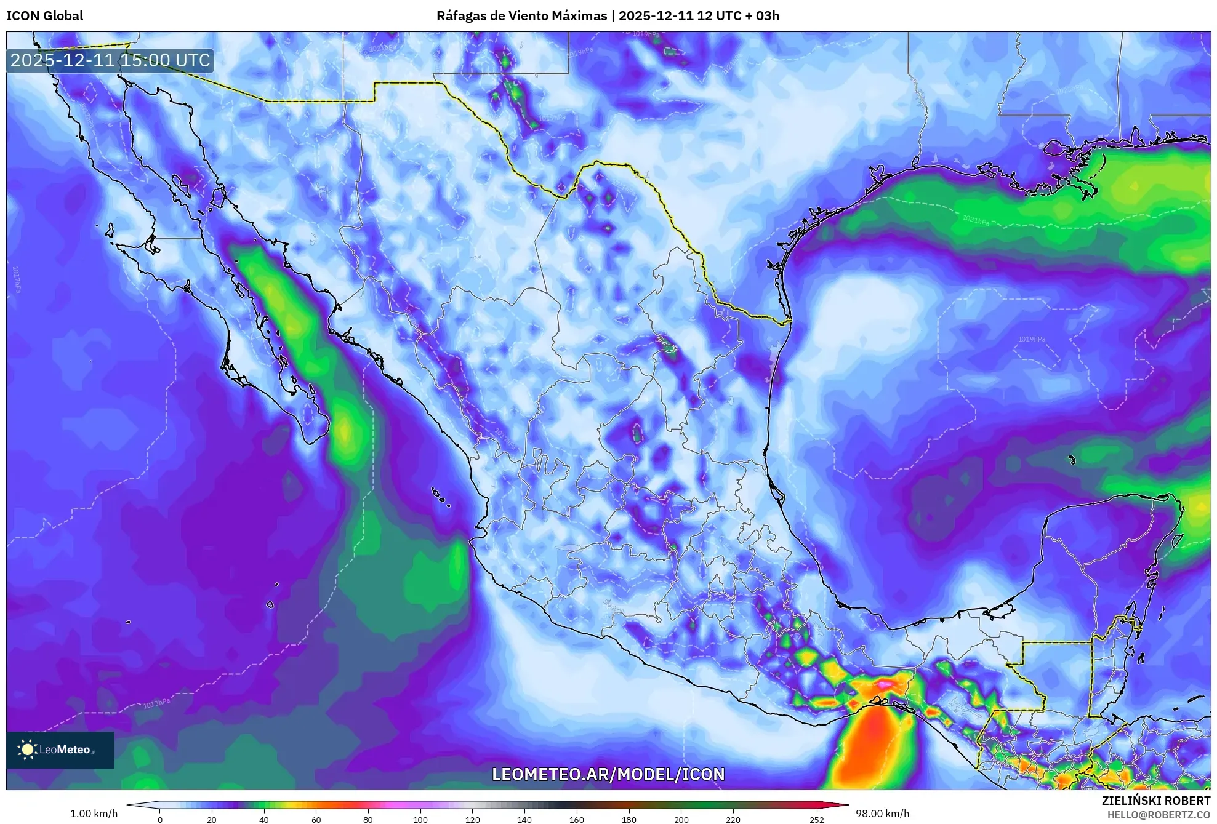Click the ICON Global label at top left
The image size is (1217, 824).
click(x=44, y=16)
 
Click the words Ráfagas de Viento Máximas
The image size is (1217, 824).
click(x=521, y=16)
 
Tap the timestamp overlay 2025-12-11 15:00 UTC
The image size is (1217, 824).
click(x=110, y=60)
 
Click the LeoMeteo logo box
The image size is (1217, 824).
click(x=60, y=750)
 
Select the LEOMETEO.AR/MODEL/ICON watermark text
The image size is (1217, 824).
click(x=608, y=774)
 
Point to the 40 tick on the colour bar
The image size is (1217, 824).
click(x=264, y=819)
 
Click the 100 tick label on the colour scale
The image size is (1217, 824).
click(x=420, y=819)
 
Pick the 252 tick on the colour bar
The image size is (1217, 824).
click(x=816, y=819)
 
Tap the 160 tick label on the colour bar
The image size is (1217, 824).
click(x=577, y=819)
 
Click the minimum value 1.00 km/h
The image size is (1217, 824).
click(x=94, y=814)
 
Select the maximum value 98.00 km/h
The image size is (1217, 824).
click(x=882, y=814)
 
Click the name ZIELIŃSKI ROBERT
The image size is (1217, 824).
click(x=1155, y=801)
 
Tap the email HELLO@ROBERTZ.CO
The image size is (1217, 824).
click(x=1159, y=815)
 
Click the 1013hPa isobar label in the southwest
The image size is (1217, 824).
click(x=156, y=703)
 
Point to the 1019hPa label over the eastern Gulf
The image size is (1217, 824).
click(x=1032, y=339)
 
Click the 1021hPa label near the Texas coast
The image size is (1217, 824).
click(x=976, y=220)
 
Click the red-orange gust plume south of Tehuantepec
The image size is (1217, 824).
click(x=871, y=748)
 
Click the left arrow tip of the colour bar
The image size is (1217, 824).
click(x=128, y=804)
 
